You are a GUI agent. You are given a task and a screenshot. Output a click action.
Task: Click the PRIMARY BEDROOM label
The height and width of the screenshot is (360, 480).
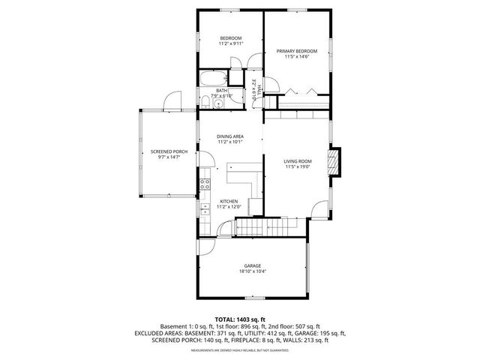pyautogui.click(x=296, y=51)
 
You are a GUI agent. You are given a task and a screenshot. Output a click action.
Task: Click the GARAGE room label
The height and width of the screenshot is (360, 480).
pyautogui.click(x=252, y=265)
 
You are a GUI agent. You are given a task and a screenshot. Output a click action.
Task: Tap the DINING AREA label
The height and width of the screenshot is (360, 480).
pyautogui.click(x=230, y=136)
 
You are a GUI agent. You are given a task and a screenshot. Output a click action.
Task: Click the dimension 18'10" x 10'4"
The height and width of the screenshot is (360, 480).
pyautogui.click(x=252, y=271)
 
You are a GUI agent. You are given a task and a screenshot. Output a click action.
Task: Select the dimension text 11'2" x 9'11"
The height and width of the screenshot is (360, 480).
pyautogui.click(x=230, y=44)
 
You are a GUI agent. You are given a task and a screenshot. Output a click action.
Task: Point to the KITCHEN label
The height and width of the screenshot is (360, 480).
pyautogui.click(x=229, y=201)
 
